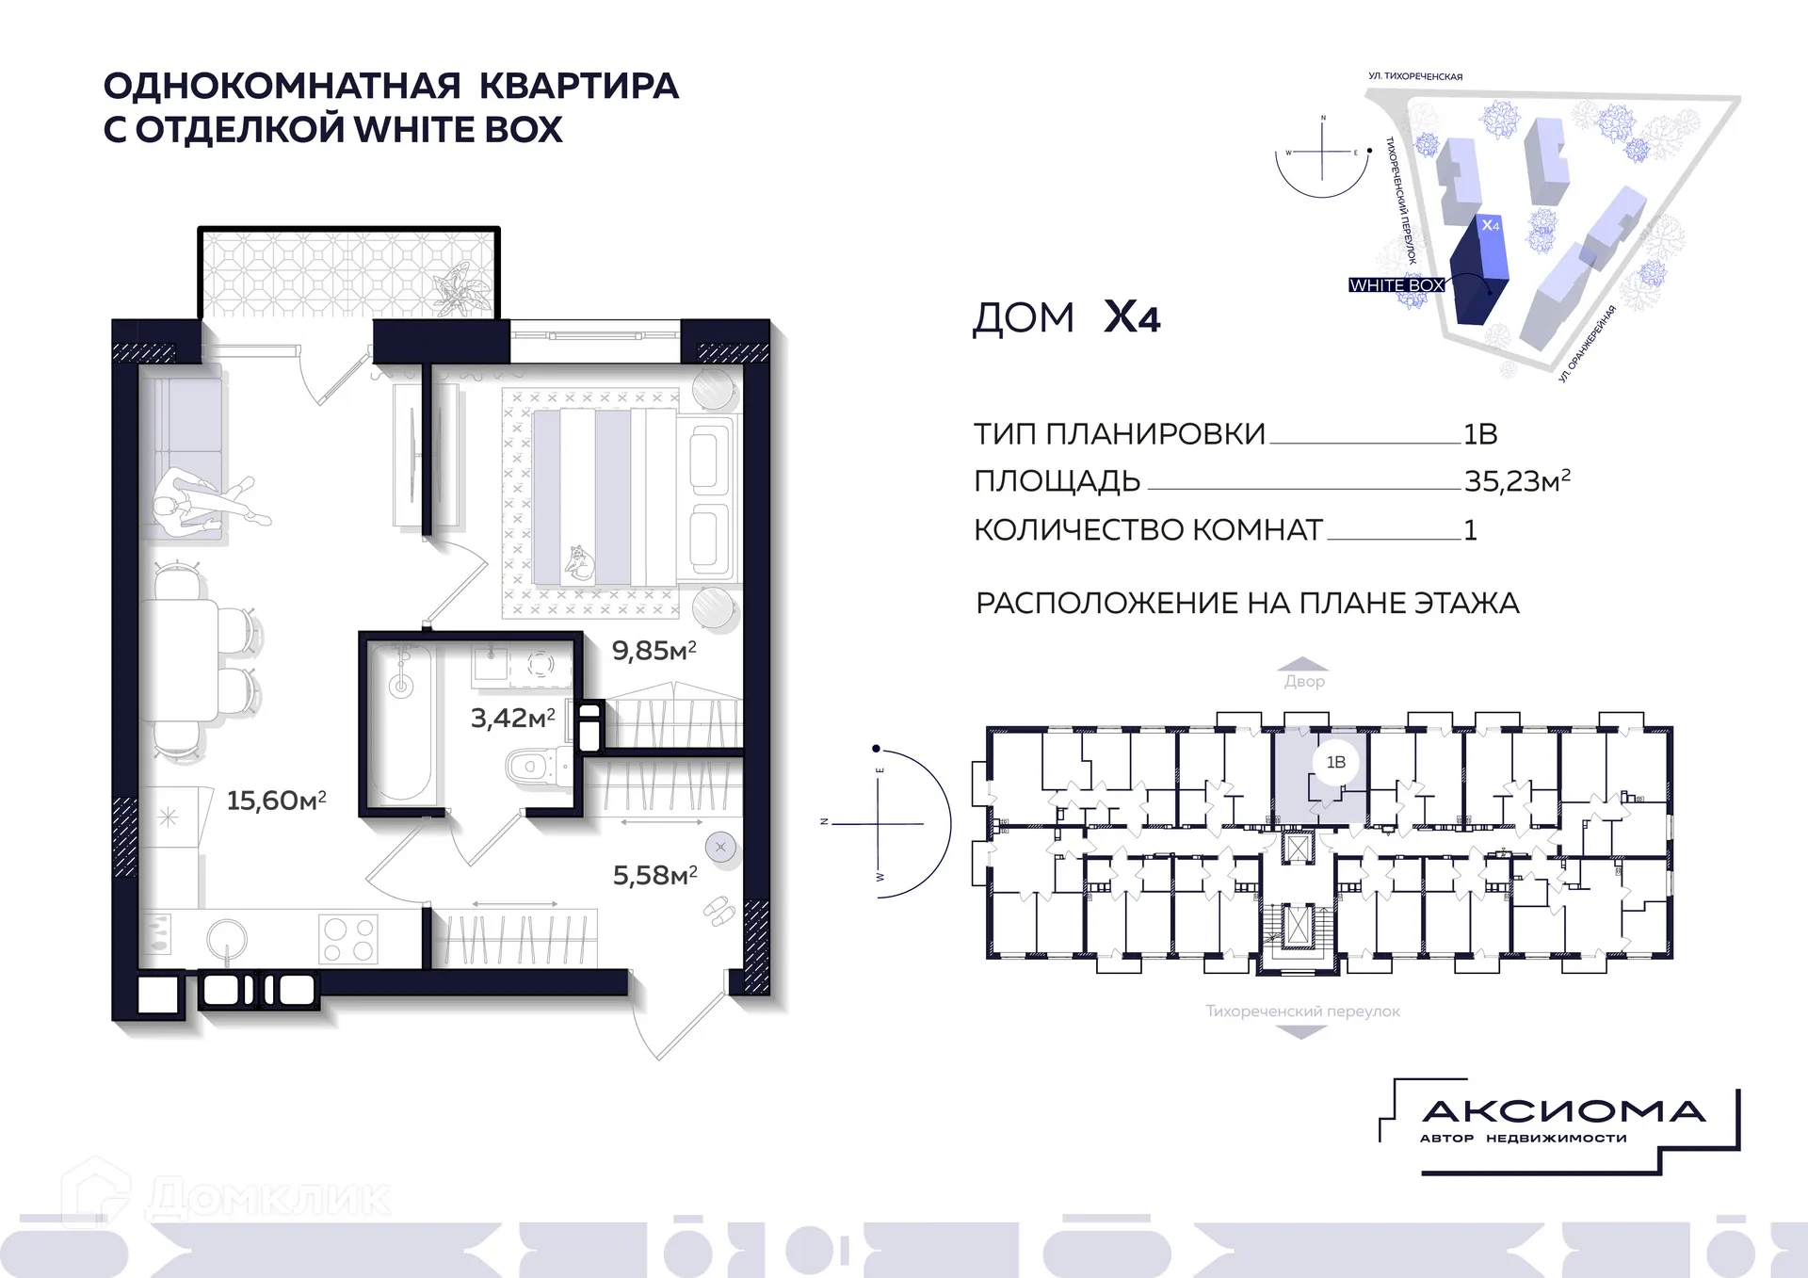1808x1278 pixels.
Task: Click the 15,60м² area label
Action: [x=276, y=801]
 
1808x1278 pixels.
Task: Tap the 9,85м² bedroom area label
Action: [x=654, y=651]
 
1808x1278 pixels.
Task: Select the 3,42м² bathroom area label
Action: [x=512, y=719]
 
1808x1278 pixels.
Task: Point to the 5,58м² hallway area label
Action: [x=654, y=875]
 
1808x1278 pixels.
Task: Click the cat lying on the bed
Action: [x=579, y=562]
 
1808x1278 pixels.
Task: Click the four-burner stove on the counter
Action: [x=347, y=939]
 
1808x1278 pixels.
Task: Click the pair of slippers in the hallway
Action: [x=718, y=910]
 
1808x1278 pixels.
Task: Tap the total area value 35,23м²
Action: [x=1516, y=481]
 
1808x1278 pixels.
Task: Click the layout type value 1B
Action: [x=1479, y=434]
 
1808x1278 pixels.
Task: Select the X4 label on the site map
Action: [x=1490, y=226]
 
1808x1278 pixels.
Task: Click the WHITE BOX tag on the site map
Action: [x=1396, y=285]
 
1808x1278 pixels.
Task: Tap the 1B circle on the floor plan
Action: [x=1335, y=762]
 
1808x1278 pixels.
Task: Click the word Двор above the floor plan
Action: [x=1304, y=681]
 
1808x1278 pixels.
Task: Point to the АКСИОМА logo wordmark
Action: [x=1563, y=1112]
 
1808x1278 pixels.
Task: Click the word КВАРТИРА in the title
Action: [x=578, y=86]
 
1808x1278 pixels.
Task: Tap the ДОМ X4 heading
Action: [x=1066, y=317]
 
